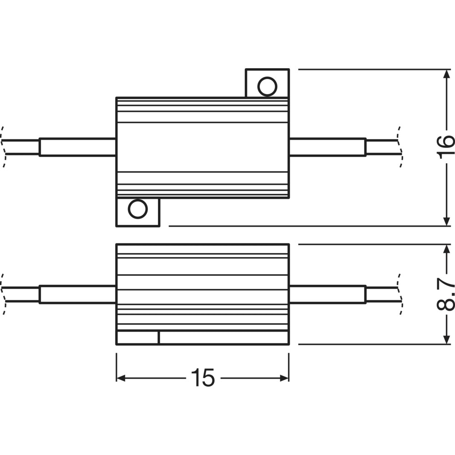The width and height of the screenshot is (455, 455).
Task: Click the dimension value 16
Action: point(445,147)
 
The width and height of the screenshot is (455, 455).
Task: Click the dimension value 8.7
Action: point(445,294)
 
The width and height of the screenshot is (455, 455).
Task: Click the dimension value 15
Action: point(203,378)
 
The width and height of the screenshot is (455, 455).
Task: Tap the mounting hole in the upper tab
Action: point(267,86)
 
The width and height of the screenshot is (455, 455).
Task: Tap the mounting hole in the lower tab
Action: point(138,209)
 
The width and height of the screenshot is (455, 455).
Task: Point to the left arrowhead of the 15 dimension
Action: point(121,378)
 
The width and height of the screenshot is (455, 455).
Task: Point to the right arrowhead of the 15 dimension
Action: point(284,378)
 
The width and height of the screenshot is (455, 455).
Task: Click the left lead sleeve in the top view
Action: point(77,147)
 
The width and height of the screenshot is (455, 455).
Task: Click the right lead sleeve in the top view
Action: point(328,147)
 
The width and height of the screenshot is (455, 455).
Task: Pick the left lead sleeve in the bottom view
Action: point(77,294)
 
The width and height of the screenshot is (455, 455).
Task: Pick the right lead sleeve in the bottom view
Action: point(328,294)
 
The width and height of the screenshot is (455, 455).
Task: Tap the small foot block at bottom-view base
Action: point(138,338)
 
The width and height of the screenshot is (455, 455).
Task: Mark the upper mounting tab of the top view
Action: point(267,83)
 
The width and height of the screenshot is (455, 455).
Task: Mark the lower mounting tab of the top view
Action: point(138,212)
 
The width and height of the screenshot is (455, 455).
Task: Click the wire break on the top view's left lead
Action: point(3,147)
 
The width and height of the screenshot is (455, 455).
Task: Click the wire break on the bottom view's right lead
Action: point(400,294)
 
